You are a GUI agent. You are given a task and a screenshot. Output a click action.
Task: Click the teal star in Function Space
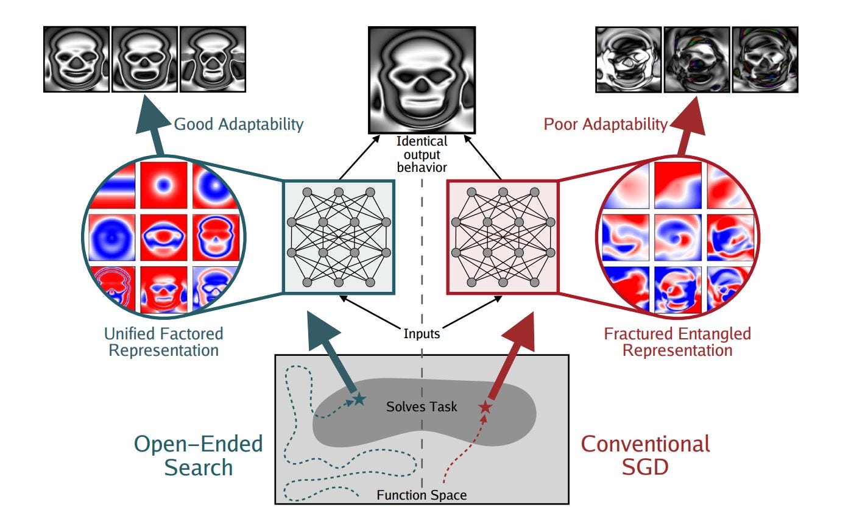(x=359, y=400)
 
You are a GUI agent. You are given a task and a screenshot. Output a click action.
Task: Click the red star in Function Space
(x=485, y=407)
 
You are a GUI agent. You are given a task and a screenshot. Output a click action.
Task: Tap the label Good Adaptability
(x=239, y=124)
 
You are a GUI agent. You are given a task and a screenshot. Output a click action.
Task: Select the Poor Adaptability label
(x=605, y=124)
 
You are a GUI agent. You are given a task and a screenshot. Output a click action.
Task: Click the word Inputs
(x=422, y=333)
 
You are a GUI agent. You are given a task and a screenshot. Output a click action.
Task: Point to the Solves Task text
(x=422, y=406)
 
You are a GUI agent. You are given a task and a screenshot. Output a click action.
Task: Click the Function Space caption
(x=422, y=495)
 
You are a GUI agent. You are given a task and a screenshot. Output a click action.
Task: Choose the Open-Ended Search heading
(x=199, y=455)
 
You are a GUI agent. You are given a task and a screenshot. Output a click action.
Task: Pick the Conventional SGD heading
(x=646, y=455)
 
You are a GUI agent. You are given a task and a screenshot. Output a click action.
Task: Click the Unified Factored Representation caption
(x=164, y=342)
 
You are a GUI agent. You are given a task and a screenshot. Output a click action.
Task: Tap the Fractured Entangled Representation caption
(x=677, y=342)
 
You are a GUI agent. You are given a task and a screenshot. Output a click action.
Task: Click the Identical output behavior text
(x=422, y=154)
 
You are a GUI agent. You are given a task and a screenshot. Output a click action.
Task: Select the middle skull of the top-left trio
(x=144, y=59)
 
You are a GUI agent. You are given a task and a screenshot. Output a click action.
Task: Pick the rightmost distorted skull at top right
(x=764, y=59)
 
